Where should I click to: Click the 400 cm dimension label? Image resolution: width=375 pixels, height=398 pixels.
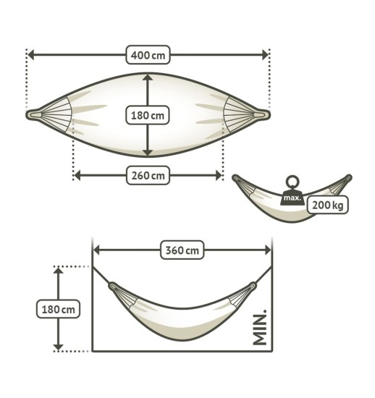(x=148, y=55)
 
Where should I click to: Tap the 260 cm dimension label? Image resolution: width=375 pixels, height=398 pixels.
(x=148, y=175)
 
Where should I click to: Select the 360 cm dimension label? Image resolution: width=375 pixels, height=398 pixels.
(x=182, y=250)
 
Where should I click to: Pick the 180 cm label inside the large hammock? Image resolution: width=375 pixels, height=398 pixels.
(x=148, y=114)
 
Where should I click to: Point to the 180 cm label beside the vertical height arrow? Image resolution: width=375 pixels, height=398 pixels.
(x=56, y=308)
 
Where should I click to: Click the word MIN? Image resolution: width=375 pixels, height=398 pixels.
(x=261, y=329)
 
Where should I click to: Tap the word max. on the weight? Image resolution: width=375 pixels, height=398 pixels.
(x=292, y=198)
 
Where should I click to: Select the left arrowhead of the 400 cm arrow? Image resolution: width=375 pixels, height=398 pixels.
(x=31, y=55)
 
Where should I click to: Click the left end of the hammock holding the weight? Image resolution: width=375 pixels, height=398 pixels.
(x=236, y=178)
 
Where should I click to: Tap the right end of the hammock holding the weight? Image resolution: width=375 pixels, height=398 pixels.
(x=349, y=177)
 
